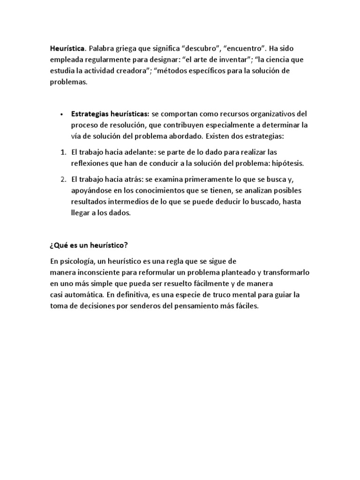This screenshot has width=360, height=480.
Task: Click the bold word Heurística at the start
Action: click(x=67, y=49)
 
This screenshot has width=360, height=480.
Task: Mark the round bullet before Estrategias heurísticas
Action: click(x=62, y=114)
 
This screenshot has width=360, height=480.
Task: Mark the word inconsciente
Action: click(x=99, y=272)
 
